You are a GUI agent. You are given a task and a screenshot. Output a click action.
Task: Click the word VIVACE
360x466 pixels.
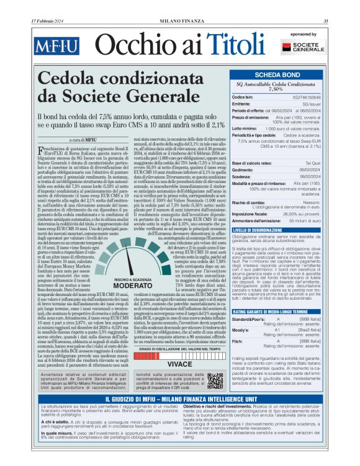click(180, 364)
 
